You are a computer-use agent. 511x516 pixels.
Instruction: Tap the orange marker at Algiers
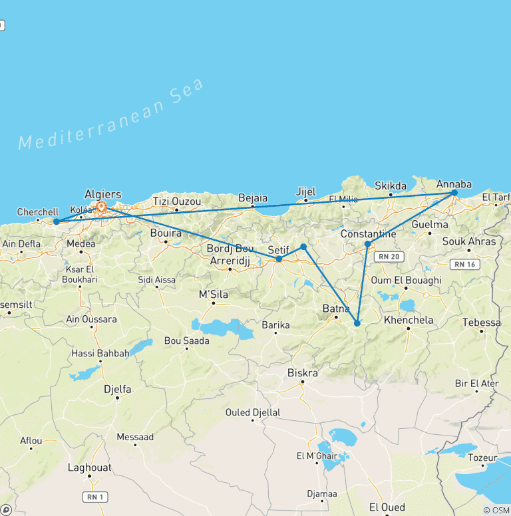tap(101, 207)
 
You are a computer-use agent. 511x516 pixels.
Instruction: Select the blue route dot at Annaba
tap(454, 193)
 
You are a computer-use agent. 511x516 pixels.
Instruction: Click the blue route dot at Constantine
tap(367, 244)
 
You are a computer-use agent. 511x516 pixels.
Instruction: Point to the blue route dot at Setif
tap(279, 259)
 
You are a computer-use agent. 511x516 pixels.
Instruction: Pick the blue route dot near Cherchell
tap(57, 221)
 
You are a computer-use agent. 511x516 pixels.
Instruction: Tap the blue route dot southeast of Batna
tap(357, 324)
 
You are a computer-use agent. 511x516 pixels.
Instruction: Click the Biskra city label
tap(302, 373)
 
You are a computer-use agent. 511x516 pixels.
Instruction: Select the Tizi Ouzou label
tap(176, 201)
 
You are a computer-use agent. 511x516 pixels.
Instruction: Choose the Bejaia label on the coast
tap(253, 197)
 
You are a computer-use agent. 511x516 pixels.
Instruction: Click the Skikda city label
tap(391, 186)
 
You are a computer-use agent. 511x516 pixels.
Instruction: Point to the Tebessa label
tap(481, 322)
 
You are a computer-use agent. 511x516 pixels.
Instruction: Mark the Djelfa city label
tap(117, 389)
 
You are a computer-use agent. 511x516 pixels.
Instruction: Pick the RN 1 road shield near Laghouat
tap(96, 497)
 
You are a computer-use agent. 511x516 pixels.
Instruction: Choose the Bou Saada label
tap(186, 340)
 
